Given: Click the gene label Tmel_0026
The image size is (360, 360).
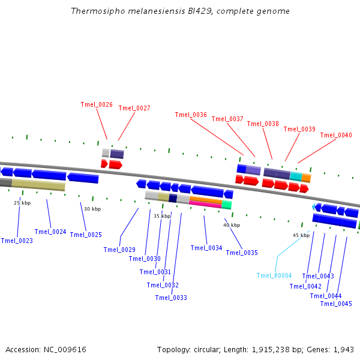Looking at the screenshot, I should [97, 104].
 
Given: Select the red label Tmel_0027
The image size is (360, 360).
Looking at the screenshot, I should [134, 108].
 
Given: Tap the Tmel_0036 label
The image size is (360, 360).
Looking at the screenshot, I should [191, 115].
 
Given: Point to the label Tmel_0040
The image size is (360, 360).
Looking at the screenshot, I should [336, 135].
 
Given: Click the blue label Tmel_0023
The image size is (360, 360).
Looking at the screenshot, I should [17, 241].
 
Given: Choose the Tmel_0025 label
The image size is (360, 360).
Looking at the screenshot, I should [86, 235].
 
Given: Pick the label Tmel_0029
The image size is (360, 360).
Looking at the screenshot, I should [119, 250].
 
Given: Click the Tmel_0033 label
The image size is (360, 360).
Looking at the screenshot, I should [171, 298].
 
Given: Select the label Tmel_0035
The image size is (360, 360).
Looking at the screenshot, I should [242, 253].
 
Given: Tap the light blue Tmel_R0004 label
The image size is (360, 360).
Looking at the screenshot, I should [274, 275].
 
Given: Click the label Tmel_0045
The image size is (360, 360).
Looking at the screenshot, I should [336, 303].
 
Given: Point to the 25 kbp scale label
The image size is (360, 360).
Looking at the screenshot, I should [22, 203].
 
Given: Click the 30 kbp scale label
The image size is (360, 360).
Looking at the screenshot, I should [92, 209].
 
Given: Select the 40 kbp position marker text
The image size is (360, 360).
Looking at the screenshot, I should [232, 225].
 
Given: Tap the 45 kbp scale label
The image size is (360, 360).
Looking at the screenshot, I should [301, 235].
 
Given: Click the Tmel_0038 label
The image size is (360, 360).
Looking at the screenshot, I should [263, 124].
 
